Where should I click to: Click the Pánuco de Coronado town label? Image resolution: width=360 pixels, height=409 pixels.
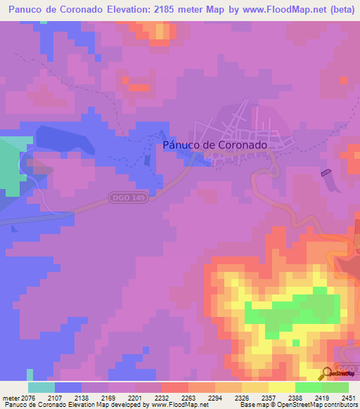pos(214,145)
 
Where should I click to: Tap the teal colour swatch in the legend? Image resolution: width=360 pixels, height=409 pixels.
pos(41,387)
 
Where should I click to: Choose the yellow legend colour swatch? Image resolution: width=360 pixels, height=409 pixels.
pos(281,387)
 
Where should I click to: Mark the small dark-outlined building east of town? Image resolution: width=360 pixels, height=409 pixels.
pos(325,171)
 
